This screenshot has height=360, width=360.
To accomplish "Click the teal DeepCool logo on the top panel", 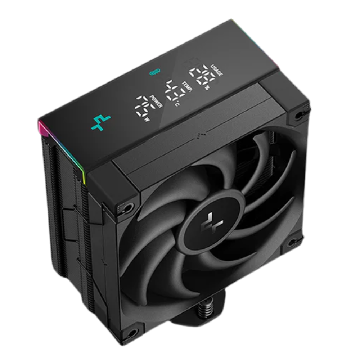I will click(101, 122).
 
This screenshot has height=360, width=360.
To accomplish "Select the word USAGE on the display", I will click(217, 68).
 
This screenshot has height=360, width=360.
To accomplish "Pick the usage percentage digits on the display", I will click(203, 74).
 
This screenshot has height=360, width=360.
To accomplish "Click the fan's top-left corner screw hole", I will click(127, 208).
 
